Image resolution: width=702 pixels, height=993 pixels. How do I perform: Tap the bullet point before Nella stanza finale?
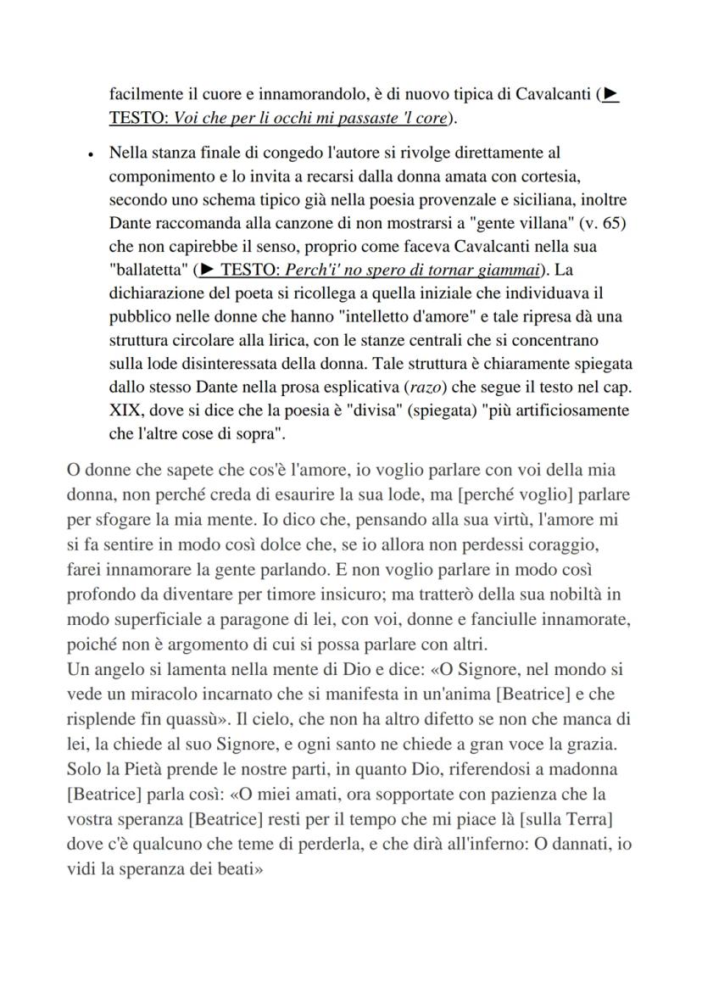coord(90,154)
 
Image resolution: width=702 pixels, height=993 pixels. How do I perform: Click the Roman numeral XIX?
coord(127,410)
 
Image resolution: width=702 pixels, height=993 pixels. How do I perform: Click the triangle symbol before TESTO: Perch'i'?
coord(205,271)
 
